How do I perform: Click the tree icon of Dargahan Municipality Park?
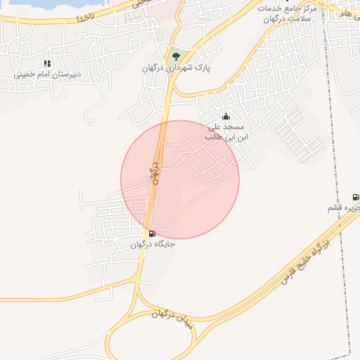[x=174, y=54]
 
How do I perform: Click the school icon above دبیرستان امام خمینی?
[x=47, y=63]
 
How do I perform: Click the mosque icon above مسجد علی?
[x=226, y=117]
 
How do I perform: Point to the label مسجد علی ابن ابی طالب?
[x=224, y=132]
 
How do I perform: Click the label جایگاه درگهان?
[x=153, y=245]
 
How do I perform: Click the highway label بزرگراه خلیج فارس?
[x=305, y=260]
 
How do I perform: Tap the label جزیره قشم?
[x=344, y=209]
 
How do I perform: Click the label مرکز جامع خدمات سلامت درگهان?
[x=288, y=14]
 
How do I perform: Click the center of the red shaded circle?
[x=180, y=179]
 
